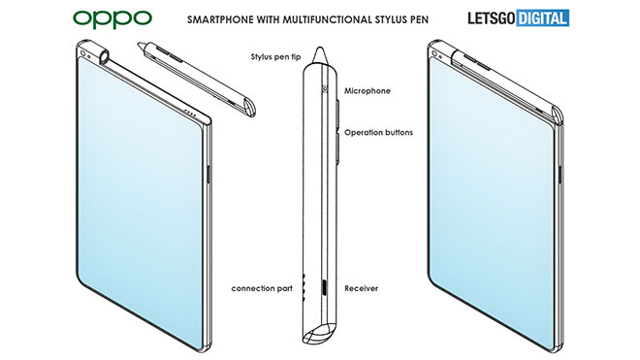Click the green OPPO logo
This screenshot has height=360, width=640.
pyautogui.click(x=112, y=18)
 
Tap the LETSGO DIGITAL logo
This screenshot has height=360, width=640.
pyautogui.click(x=519, y=18)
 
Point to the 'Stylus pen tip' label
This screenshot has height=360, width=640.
pyautogui.click(x=275, y=56)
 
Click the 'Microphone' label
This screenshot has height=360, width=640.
pyautogui.click(x=368, y=90)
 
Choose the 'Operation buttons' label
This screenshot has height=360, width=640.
pyautogui.click(x=378, y=132)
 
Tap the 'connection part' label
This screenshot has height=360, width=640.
pyautogui.click(x=262, y=288)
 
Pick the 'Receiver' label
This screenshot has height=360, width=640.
pyautogui.click(x=362, y=288)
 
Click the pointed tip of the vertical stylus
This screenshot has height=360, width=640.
pyautogui.click(x=319, y=48)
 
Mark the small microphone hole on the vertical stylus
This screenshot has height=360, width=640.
pyautogui.click(x=325, y=88)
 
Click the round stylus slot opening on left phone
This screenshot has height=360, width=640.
pyautogui.click(x=104, y=56)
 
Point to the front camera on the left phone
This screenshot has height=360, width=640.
pyautogui.click(x=82, y=53)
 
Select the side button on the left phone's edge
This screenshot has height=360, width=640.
pyautogui.click(x=209, y=174)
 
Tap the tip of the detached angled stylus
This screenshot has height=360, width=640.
pyautogui.click(x=140, y=43)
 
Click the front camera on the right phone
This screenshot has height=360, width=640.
pyautogui.click(x=434, y=53)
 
